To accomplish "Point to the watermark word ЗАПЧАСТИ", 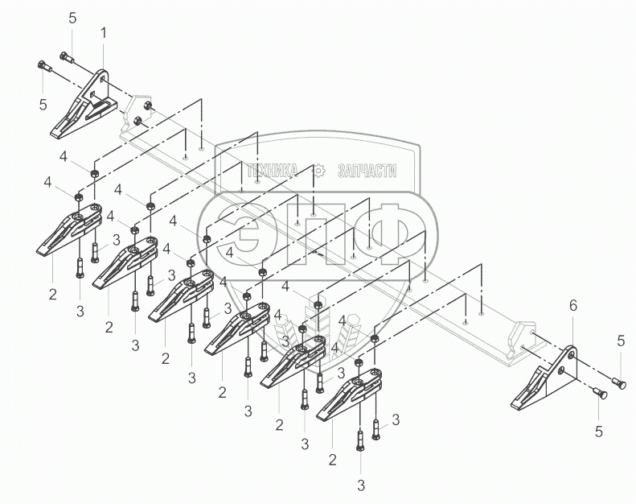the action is coord(367,170).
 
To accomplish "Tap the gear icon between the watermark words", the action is coord(318,170).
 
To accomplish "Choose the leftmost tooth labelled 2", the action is coord(70,231).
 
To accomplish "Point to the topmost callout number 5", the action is coord(72,17).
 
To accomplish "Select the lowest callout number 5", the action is coord(600,431).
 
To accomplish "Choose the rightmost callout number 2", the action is coord(332,461).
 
